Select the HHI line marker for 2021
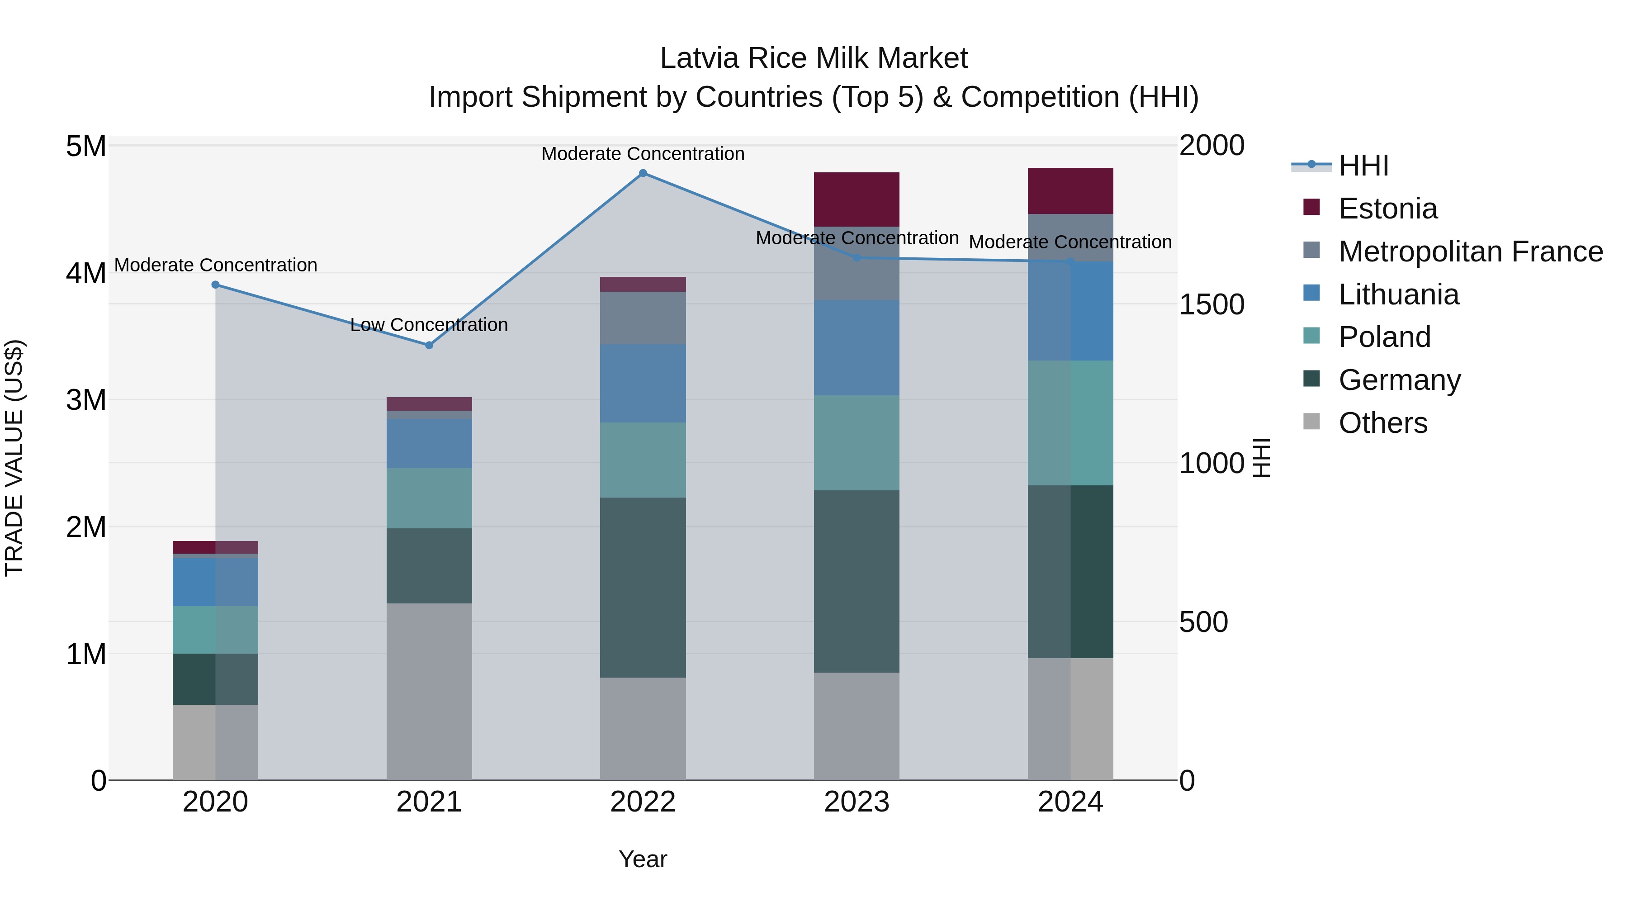(429, 345)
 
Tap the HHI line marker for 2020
(216, 285)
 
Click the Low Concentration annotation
(429, 325)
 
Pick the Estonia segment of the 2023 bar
(857, 199)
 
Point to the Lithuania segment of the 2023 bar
(857, 348)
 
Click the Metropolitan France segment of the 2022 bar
(643, 318)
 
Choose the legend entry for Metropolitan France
(1470, 252)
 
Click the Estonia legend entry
(1387, 209)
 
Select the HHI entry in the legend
(1363, 166)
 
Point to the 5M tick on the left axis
(86, 147)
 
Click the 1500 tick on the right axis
(1212, 305)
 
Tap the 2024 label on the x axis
(1070, 802)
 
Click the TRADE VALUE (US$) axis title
(14, 458)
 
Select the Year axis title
(643, 859)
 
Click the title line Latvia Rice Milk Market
(814, 58)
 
